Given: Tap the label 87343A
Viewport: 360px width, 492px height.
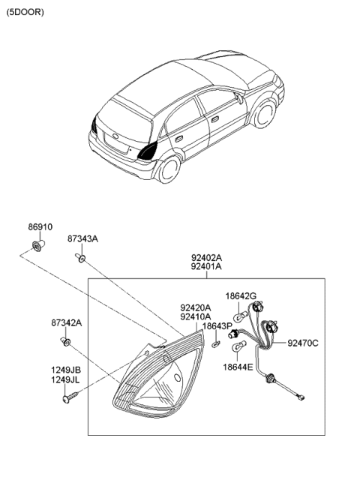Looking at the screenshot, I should click(x=83, y=238).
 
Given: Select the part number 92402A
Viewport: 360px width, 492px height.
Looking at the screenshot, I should click(x=205, y=256).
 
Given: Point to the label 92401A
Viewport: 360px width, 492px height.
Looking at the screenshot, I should click(x=205, y=266).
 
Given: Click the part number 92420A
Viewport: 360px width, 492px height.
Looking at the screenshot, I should click(x=195, y=307).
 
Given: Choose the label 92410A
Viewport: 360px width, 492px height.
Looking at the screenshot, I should click(x=195, y=316).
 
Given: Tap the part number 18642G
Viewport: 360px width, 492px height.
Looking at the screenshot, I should click(x=241, y=296).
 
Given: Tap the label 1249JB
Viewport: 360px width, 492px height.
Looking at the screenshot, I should click(x=66, y=370).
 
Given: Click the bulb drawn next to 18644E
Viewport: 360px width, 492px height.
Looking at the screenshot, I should click(x=239, y=348).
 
